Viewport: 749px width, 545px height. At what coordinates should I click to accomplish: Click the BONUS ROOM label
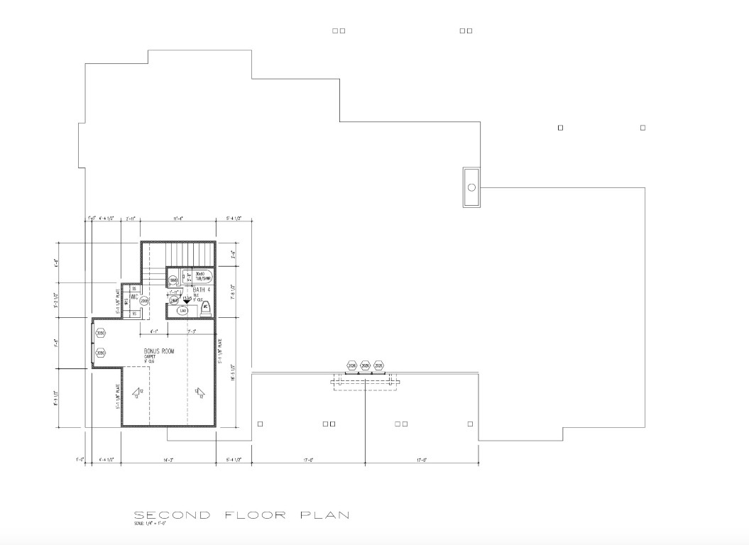pyautogui.click(x=158, y=351)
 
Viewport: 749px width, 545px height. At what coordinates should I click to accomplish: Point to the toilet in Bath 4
pyautogui.click(x=204, y=307)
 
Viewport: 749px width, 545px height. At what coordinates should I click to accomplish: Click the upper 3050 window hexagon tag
pyautogui.click(x=100, y=334)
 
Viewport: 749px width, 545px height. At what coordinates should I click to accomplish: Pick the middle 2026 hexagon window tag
pyautogui.click(x=365, y=366)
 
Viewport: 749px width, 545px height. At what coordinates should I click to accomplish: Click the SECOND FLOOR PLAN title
pyautogui.click(x=241, y=514)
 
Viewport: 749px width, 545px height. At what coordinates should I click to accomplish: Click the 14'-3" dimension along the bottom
pyautogui.click(x=168, y=460)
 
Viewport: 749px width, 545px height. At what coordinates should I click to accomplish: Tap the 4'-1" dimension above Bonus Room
pyautogui.click(x=153, y=331)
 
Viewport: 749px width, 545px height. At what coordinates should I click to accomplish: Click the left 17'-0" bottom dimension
pyautogui.click(x=308, y=460)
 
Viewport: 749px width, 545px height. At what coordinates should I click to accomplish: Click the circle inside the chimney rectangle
pyautogui.click(x=471, y=187)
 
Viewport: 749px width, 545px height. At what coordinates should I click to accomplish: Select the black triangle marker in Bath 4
pyautogui.click(x=187, y=300)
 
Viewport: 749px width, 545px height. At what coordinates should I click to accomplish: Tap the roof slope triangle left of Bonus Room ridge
pyautogui.click(x=138, y=391)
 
